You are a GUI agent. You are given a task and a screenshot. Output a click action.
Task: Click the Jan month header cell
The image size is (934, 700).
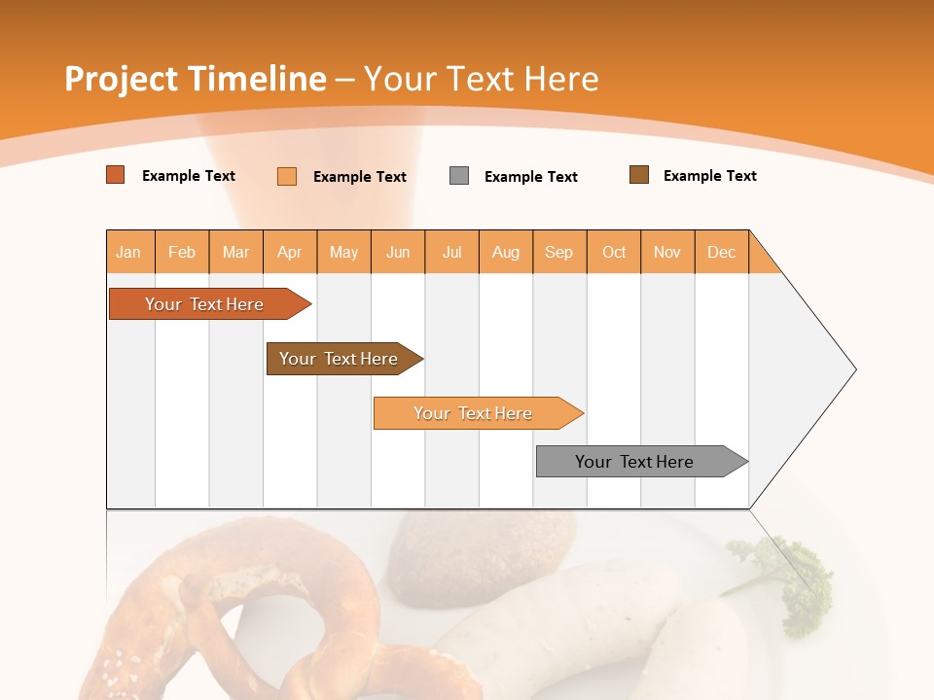point(129,252)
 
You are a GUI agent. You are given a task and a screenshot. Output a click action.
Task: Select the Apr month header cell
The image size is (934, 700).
point(290,252)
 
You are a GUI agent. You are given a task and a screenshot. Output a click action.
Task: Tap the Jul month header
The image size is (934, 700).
point(451,252)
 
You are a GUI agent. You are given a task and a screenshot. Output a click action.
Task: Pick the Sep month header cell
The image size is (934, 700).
point(558,252)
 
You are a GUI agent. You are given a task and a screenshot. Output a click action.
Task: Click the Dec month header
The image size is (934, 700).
point(721,252)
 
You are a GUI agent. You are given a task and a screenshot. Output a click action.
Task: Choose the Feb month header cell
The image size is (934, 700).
point(182,252)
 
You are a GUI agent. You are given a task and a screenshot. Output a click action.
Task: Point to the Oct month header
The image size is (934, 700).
point(614,252)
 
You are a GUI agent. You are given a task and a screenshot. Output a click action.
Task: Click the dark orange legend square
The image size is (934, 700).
point(116,175)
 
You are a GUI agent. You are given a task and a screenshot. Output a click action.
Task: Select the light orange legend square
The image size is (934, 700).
point(287,176)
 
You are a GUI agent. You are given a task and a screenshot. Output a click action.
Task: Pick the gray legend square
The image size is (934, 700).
point(459,176)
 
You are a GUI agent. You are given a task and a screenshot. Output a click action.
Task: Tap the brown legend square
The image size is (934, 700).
point(639,175)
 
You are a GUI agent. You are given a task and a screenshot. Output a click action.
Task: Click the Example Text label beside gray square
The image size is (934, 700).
point(530,177)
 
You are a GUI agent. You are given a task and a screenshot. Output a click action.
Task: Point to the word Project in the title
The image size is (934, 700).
point(120,80)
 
